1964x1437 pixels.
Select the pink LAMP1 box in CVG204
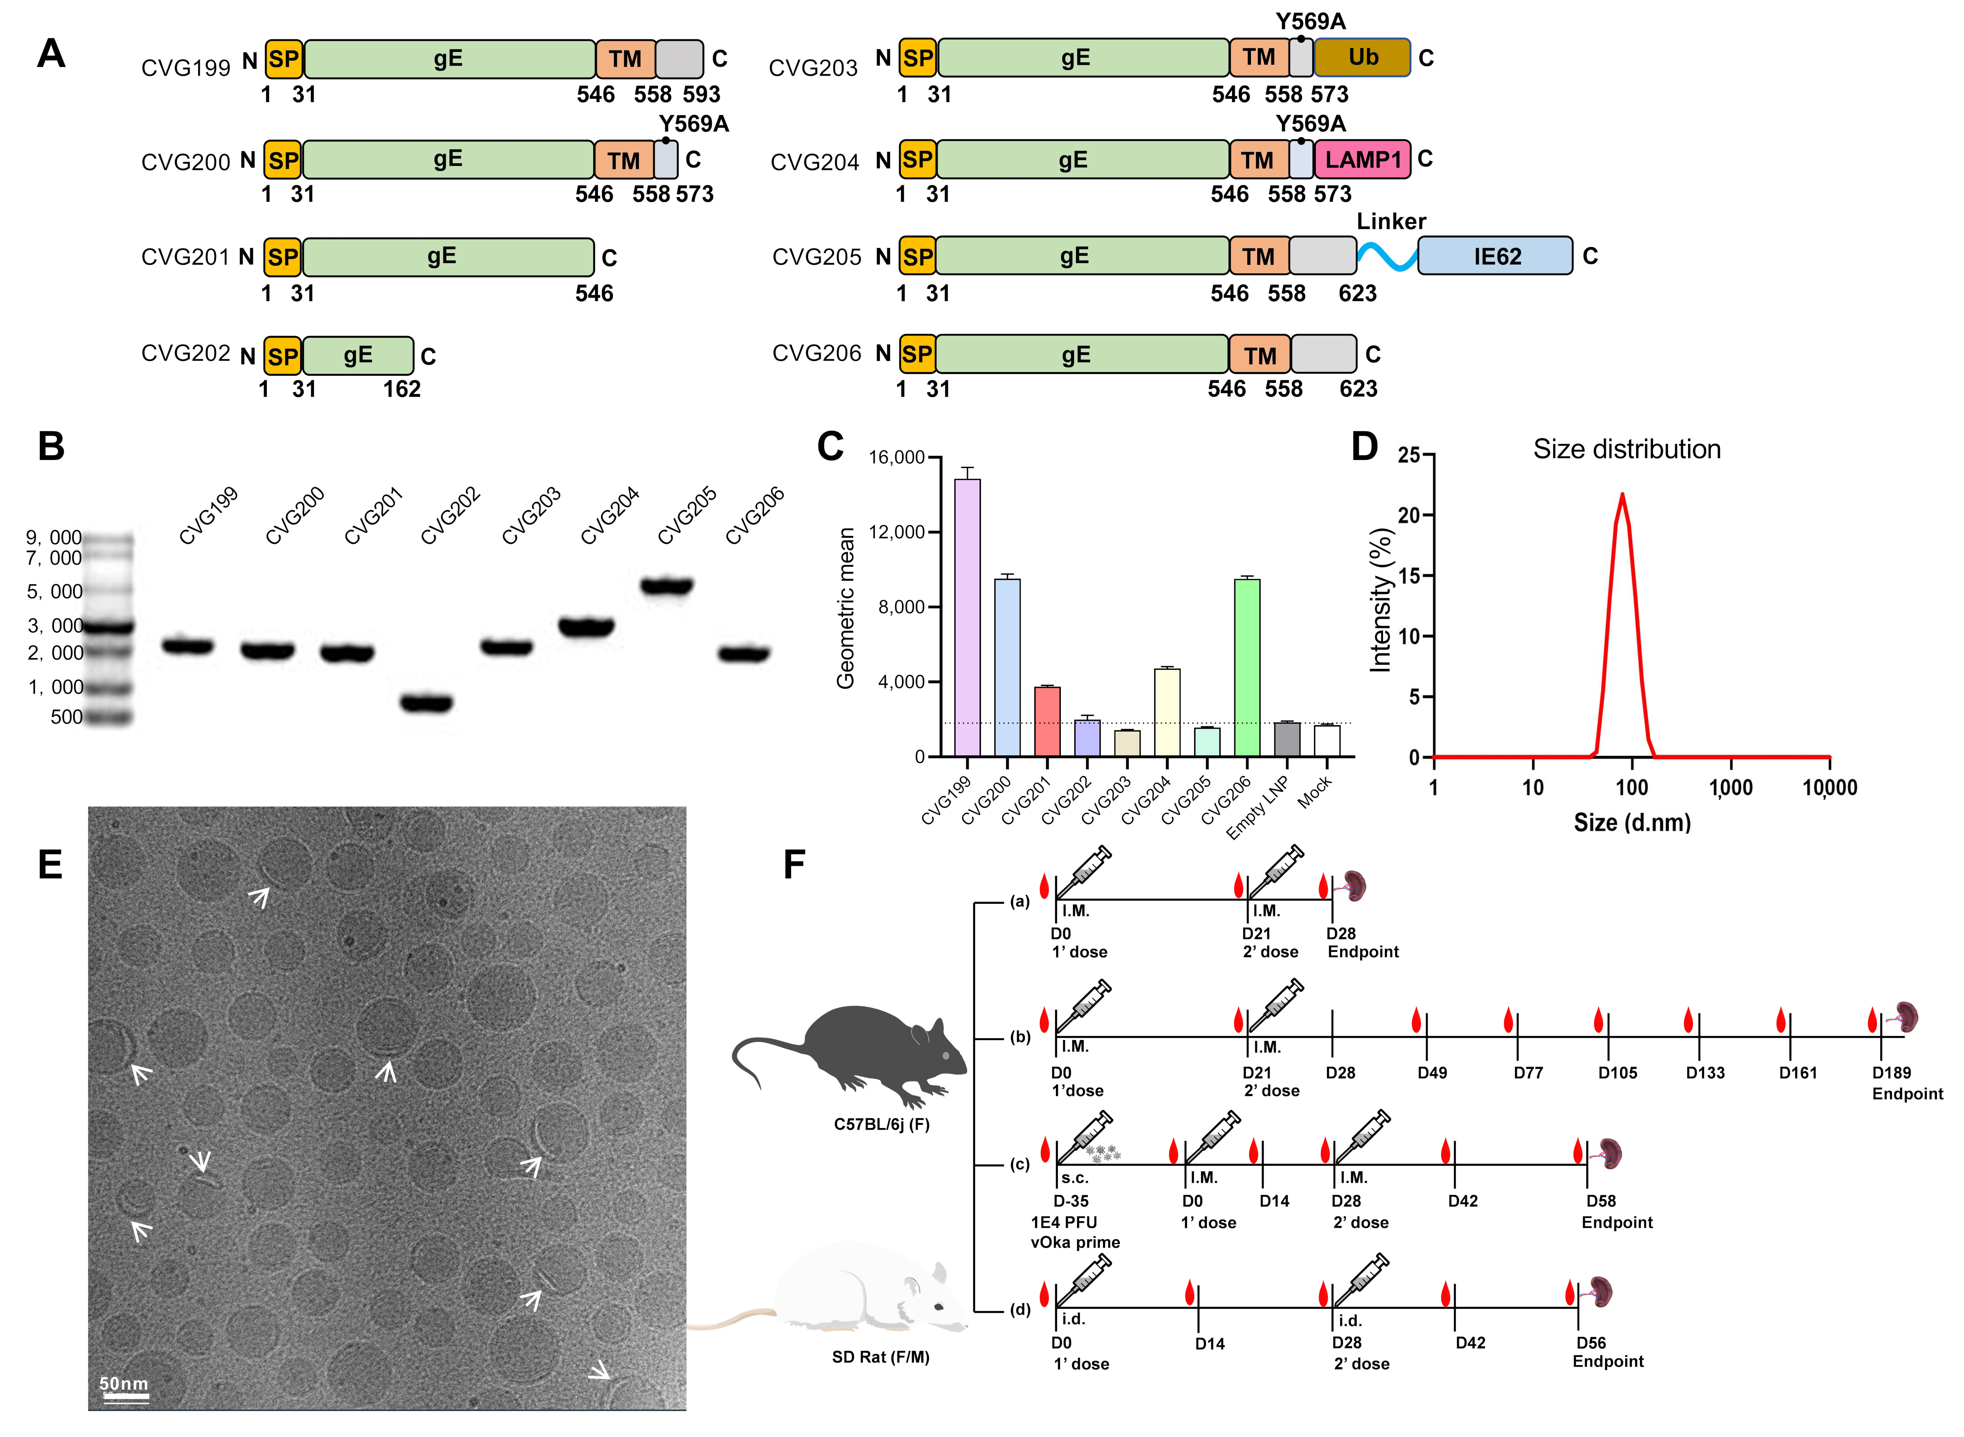click(1362, 160)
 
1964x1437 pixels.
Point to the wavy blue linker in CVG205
click(1387, 256)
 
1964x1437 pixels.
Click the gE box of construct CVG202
click(358, 355)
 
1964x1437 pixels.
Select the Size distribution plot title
click(1625, 449)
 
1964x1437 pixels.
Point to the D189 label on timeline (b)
click(1891, 1073)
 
